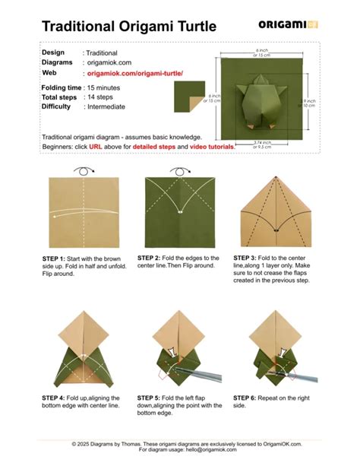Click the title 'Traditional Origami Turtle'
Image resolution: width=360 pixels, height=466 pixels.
tap(128, 27)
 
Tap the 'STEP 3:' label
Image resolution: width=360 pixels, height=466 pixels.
tap(246, 258)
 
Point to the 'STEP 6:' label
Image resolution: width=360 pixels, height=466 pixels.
tap(246, 398)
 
